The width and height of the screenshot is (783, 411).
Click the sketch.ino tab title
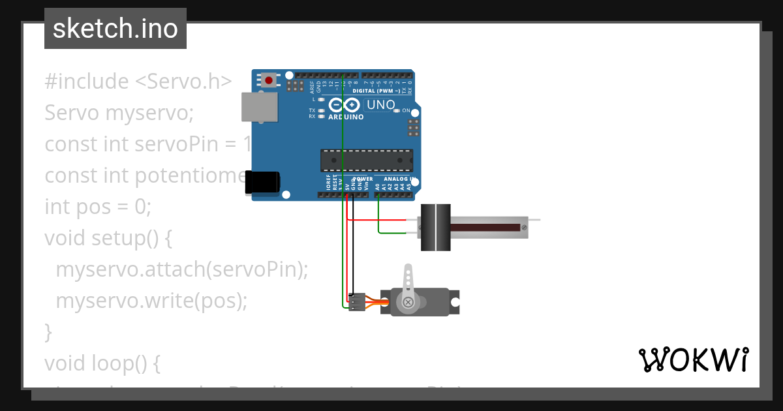coord(115,29)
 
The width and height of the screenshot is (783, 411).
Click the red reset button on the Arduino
coord(269,81)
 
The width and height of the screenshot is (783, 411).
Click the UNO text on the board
coord(381,104)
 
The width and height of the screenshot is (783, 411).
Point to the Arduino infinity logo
coord(344,105)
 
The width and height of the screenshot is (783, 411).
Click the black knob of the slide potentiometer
coord(435,227)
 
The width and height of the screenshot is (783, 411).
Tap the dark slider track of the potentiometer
coord(485,227)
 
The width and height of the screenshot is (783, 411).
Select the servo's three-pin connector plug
coord(356,302)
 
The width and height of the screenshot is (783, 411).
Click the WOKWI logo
coord(694,360)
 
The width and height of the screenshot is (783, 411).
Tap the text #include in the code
coord(87,82)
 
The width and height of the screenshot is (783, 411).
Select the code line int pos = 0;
coord(98,207)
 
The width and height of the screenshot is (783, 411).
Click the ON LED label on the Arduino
coord(405,110)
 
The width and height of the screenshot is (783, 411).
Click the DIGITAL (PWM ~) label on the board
coord(376,91)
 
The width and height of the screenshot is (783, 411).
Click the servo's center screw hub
coord(408,302)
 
